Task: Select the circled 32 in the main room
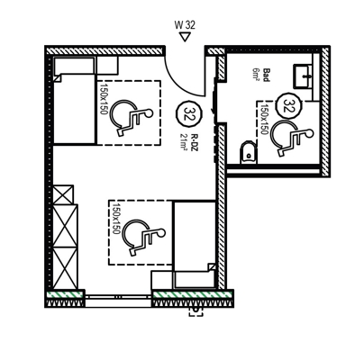(x=189, y=114)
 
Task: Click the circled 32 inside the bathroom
(x=289, y=105)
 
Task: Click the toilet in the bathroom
(x=249, y=152)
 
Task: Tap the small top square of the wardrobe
(x=62, y=195)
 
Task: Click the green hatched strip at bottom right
(x=193, y=294)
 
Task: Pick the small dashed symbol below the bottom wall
(x=195, y=311)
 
